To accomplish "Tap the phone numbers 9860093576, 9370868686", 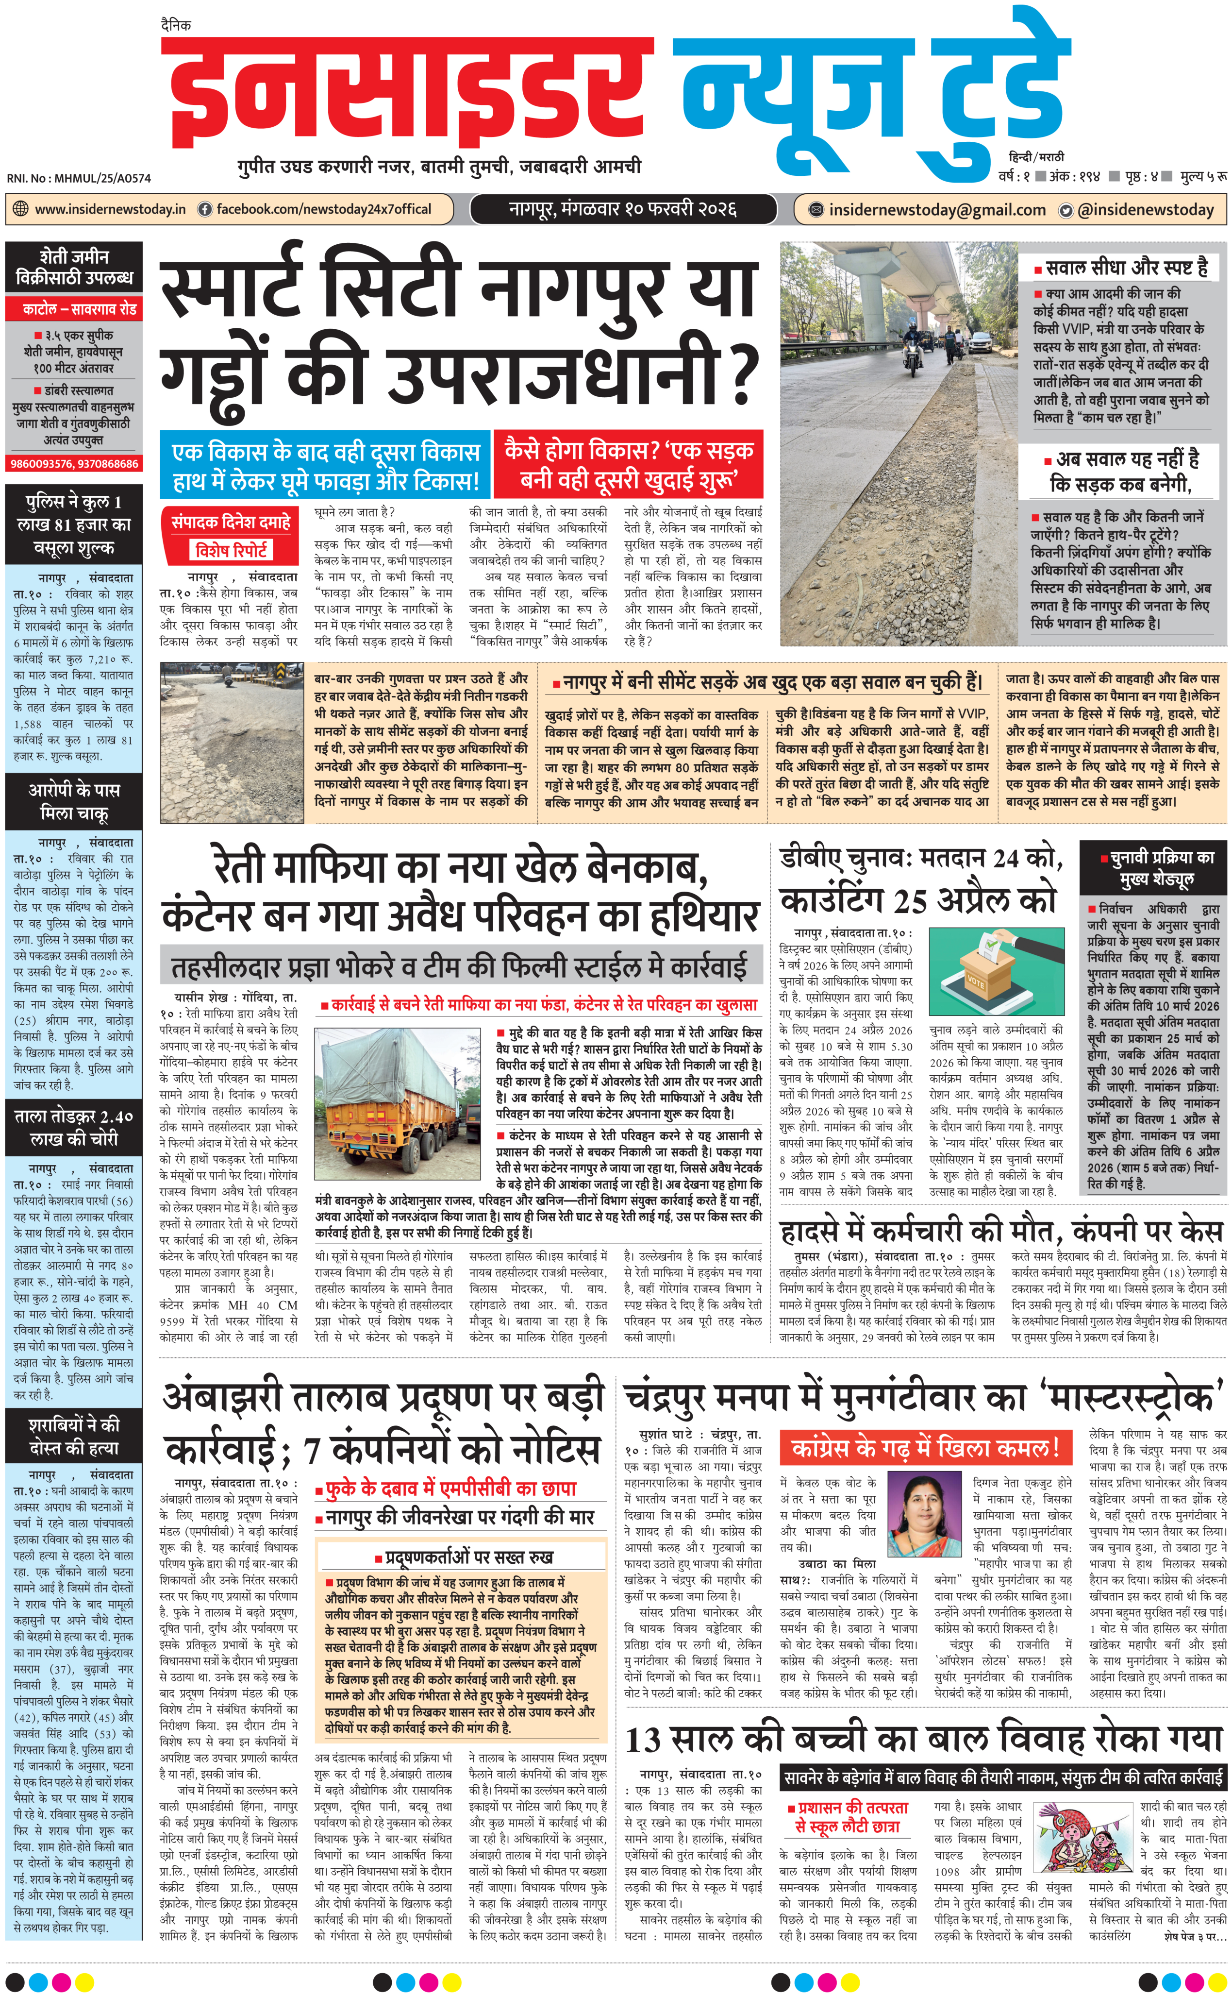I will pos(74,464).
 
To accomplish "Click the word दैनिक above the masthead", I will pos(176,25).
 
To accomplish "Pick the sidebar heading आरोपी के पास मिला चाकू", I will pos(74,802).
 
